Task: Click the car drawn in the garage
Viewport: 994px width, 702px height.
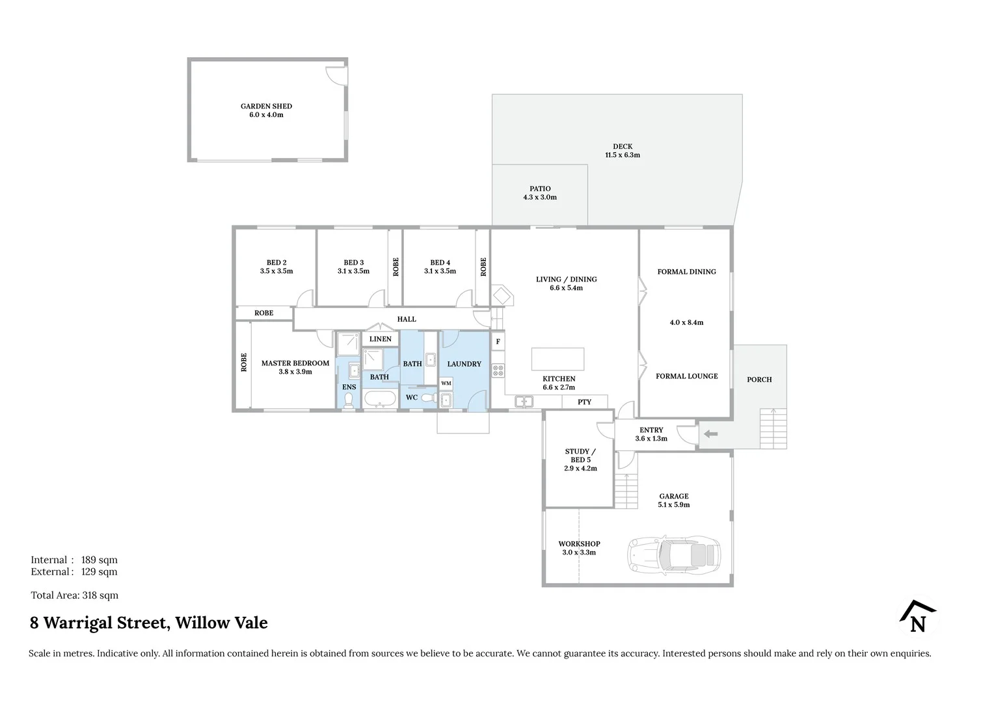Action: click(674, 554)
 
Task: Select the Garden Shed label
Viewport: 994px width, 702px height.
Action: click(266, 106)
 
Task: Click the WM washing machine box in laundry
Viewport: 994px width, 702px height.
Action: click(446, 383)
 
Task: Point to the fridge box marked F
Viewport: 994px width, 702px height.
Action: click(498, 341)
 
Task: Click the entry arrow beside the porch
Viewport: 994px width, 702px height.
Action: click(710, 434)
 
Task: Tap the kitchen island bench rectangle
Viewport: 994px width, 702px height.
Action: click(557, 359)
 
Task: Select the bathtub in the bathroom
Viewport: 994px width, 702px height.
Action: click(379, 399)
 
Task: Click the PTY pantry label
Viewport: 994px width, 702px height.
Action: click(584, 402)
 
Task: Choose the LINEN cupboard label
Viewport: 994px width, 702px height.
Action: click(381, 339)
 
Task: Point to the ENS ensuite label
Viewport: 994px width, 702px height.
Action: click(349, 387)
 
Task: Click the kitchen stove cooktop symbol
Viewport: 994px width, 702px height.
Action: click(498, 370)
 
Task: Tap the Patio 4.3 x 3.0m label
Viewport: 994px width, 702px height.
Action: click(540, 193)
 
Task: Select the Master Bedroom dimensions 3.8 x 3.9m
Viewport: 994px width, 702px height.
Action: click(295, 372)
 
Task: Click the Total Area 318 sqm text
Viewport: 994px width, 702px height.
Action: click(75, 595)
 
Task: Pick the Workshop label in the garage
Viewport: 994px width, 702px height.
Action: click(579, 544)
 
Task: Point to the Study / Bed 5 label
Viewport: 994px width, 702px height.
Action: click(580, 455)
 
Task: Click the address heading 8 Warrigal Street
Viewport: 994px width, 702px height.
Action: click(149, 623)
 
